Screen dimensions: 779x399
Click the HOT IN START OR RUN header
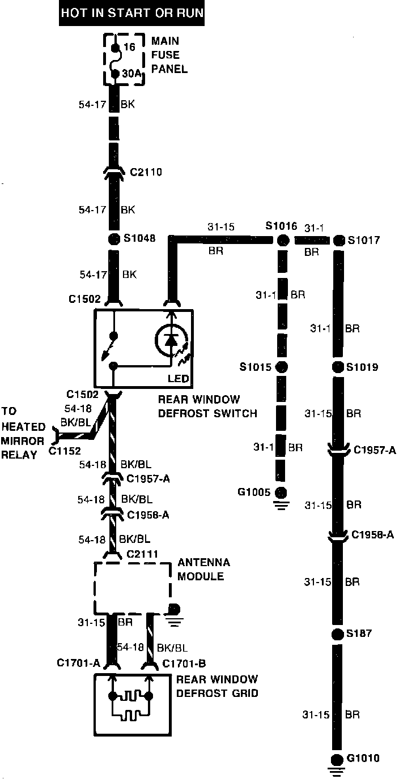coord(131,13)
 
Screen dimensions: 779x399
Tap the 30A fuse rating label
coord(131,73)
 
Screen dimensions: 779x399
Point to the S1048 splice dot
coord(113,238)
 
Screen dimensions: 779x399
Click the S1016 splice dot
coord(282,241)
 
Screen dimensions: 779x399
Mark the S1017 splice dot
coord(338,241)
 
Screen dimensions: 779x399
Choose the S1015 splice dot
coord(281,367)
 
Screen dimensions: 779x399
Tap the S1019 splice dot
coord(338,367)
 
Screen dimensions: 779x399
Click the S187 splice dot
coord(338,634)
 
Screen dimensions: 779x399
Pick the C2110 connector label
coord(146,172)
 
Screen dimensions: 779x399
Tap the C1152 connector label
coord(66,451)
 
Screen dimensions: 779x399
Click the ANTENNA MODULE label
coord(204,570)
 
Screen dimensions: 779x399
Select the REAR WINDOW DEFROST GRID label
coord(217,686)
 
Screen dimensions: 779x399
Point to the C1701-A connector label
coord(78,663)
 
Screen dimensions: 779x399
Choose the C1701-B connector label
coord(184,663)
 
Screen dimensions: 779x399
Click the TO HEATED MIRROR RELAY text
coord(23,433)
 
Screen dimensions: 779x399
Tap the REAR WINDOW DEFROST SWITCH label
coord(207,406)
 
